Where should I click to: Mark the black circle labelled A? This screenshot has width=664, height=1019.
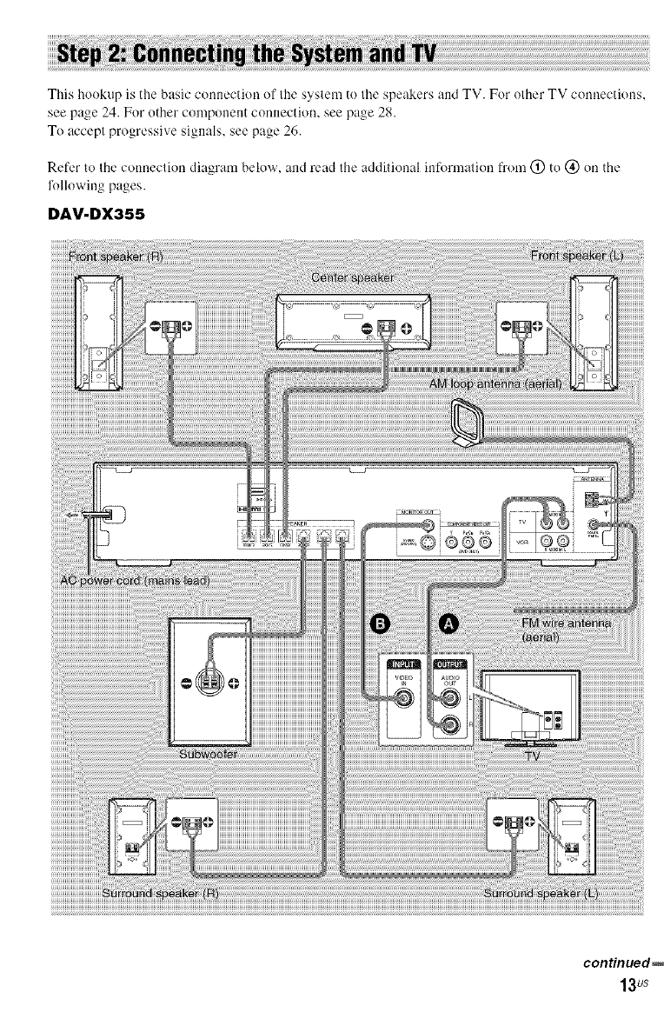(450, 623)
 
